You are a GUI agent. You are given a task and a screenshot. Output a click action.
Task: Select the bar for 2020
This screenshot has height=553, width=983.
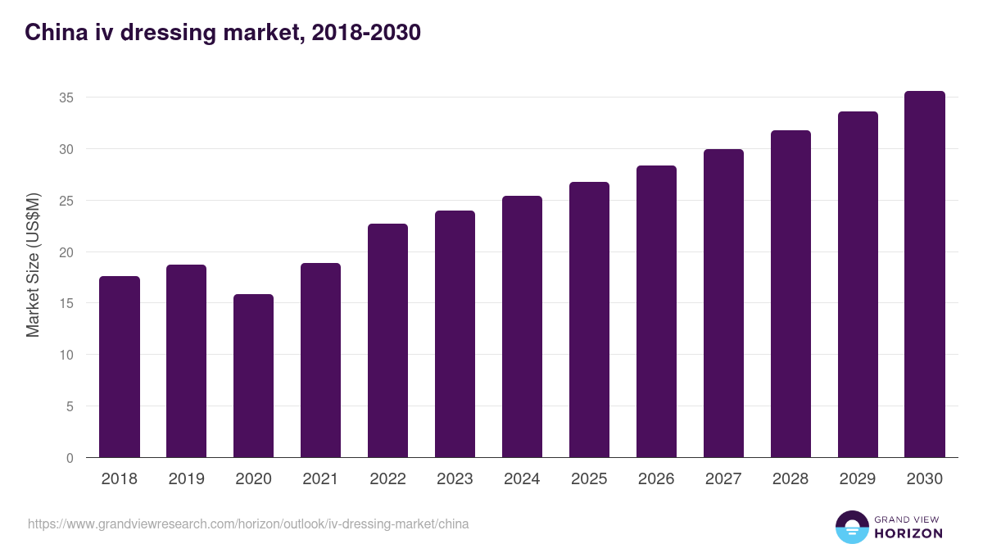click(x=253, y=376)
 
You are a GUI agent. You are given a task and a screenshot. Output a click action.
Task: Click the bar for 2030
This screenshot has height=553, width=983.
click(x=925, y=274)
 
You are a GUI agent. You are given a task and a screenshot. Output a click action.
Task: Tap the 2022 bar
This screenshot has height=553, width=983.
click(x=387, y=341)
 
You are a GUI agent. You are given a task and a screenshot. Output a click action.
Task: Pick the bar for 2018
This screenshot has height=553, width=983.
click(x=120, y=367)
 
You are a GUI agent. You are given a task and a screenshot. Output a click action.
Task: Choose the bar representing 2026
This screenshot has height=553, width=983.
click(x=656, y=311)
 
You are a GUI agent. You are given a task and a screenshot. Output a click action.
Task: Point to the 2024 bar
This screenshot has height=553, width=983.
click(x=522, y=327)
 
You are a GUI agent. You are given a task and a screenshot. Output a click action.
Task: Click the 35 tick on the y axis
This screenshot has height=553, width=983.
click(x=66, y=97)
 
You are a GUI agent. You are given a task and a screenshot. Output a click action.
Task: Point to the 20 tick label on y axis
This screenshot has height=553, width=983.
click(x=66, y=252)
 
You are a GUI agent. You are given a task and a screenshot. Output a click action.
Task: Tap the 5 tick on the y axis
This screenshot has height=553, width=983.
click(x=70, y=406)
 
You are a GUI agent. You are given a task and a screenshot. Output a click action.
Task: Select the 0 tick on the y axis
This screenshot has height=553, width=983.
click(x=70, y=458)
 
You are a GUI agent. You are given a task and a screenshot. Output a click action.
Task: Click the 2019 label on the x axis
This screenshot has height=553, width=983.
click(x=187, y=479)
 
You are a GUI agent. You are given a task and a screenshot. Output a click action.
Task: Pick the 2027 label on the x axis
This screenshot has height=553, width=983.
click(x=723, y=479)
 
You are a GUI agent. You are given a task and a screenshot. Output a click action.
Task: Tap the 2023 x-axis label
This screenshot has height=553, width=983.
click(x=455, y=479)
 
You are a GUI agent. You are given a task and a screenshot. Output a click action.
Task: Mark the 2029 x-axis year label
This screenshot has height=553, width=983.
click(x=858, y=479)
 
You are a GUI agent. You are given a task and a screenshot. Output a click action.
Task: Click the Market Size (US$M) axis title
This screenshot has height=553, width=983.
click(x=33, y=264)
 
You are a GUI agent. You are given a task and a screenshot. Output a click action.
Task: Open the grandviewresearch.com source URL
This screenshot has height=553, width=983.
click(x=248, y=524)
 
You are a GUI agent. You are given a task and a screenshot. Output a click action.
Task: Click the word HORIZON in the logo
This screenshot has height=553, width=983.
click(x=908, y=533)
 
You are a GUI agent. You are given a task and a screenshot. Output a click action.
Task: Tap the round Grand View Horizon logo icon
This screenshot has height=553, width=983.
click(x=851, y=527)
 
